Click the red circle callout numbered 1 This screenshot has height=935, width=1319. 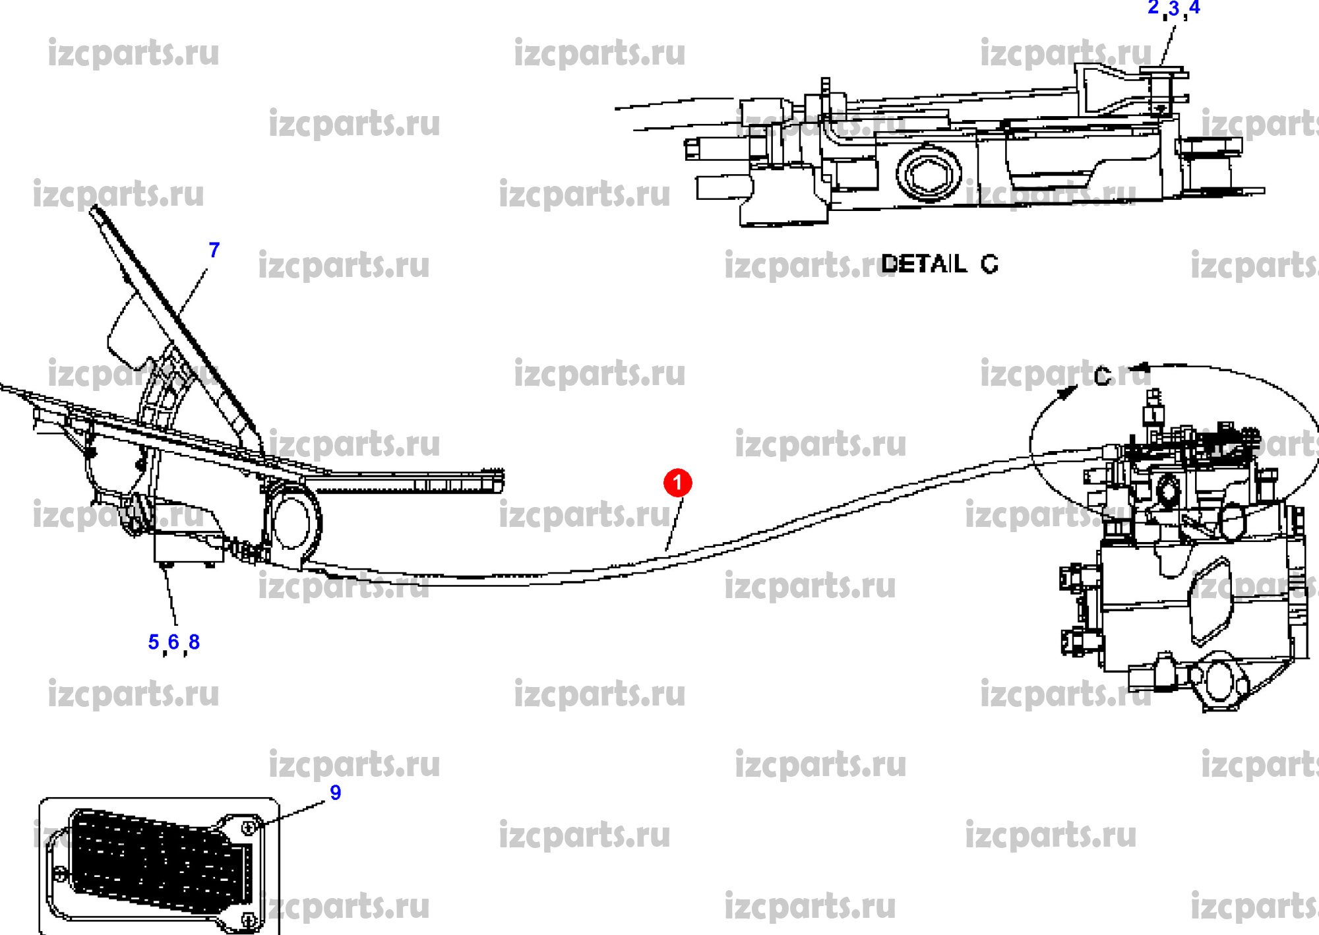pyautogui.click(x=677, y=483)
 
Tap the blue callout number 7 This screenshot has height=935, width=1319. pyautogui.click(x=214, y=251)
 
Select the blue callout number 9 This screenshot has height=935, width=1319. pyautogui.click(x=335, y=793)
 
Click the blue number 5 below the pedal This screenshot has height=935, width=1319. pyautogui.click(x=154, y=642)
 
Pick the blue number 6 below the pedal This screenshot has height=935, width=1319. pyautogui.click(x=173, y=642)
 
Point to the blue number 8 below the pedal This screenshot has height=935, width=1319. pyautogui.click(x=194, y=642)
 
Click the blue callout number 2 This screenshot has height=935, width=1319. pyautogui.click(x=1153, y=8)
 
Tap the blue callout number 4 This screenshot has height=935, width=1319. pyautogui.click(x=1194, y=8)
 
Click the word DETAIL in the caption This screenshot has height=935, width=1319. pyautogui.click(x=923, y=264)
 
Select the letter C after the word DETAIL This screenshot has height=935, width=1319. pyautogui.click(x=989, y=264)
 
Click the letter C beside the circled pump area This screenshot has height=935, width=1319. pyautogui.click(x=1102, y=377)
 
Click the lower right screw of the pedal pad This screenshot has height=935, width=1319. pyautogui.click(x=249, y=919)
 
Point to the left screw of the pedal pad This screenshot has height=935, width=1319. pyautogui.click(x=60, y=875)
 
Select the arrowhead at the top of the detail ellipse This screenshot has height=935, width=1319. pyautogui.click(x=1145, y=367)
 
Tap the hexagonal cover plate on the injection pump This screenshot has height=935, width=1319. pyautogui.click(x=1210, y=600)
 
